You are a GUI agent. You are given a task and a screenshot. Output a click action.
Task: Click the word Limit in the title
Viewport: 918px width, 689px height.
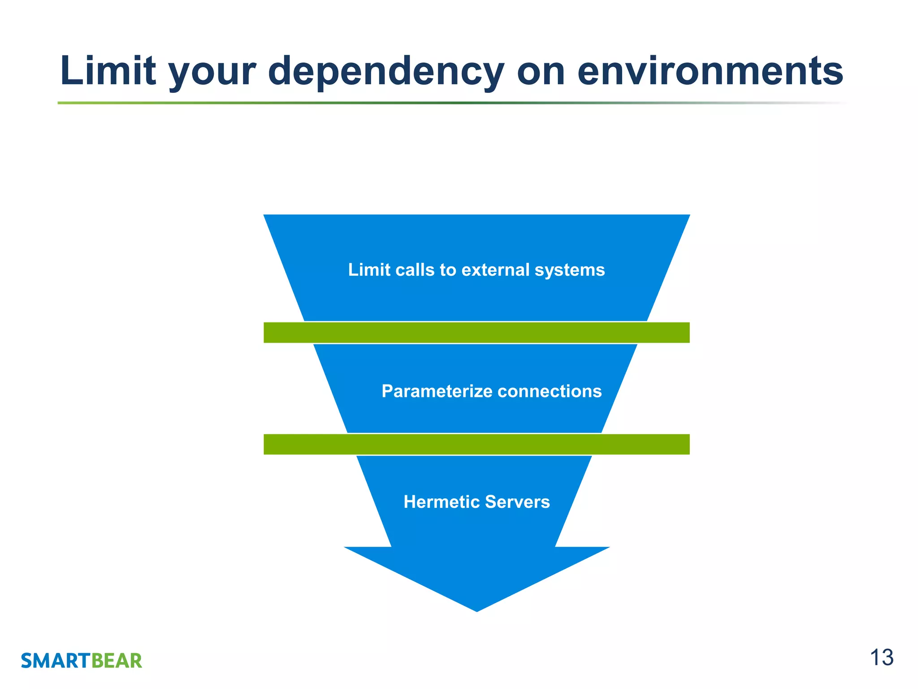(x=108, y=71)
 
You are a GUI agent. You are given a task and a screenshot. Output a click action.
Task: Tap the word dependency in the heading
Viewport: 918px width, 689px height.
(x=386, y=72)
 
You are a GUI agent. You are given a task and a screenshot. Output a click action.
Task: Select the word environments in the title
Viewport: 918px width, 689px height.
(x=710, y=71)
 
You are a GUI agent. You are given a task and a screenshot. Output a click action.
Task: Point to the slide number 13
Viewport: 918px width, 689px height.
(x=881, y=658)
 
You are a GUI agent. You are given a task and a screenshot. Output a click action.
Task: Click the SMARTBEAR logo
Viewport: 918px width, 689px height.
(x=82, y=661)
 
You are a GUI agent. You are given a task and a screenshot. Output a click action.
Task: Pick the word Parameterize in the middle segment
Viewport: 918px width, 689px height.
(x=437, y=392)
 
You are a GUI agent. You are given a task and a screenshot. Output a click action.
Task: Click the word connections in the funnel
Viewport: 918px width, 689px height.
(x=550, y=391)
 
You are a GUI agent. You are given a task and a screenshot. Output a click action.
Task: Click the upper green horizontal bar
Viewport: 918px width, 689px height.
(x=476, y=332)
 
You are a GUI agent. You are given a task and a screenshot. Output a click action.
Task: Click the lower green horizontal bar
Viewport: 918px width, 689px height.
(x=476, y=444)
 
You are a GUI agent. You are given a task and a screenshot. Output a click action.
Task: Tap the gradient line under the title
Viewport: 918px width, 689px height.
(x=448, y=103)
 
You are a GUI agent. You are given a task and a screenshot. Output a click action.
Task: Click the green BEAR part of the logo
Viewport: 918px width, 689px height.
(x=117, y=661)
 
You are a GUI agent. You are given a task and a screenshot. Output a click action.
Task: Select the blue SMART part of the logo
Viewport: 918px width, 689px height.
(x=56, y=661)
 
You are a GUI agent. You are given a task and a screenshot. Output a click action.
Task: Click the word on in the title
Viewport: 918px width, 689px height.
(x=541, y=72)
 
